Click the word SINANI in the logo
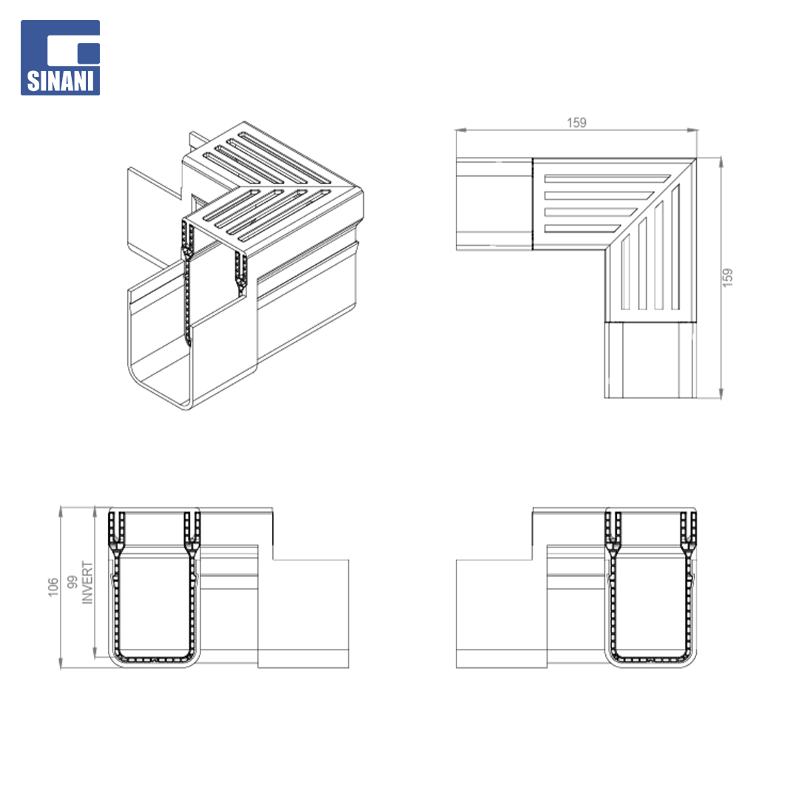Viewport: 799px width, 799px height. (60, 81)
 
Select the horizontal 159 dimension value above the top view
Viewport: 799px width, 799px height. (576, 123)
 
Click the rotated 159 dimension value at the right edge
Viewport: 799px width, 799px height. (728, 277)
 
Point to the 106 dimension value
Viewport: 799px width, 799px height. (53, 587)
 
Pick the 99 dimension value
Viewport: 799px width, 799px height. (73, 582)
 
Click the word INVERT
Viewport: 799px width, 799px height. (87, 583)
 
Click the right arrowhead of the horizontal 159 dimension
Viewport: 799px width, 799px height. (692, 130)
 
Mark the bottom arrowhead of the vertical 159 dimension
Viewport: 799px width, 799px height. (721, 393)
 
